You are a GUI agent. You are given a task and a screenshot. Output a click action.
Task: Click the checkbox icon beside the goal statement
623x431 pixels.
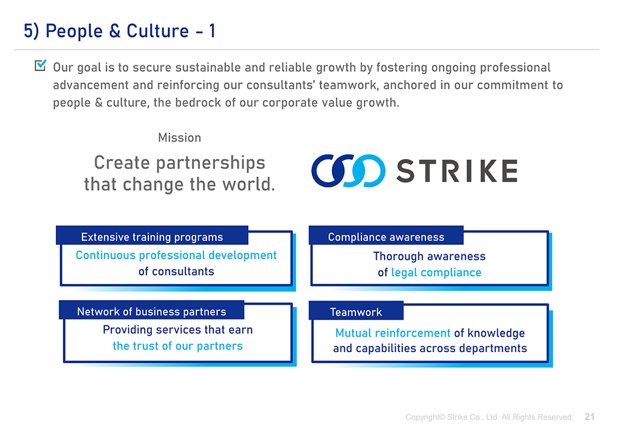pos(40,65)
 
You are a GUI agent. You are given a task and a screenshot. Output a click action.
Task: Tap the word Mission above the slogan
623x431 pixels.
pos(180,138)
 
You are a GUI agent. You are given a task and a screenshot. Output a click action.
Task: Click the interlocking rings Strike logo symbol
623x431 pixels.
pos(348,171)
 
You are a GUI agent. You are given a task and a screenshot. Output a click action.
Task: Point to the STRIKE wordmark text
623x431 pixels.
pos(457,171)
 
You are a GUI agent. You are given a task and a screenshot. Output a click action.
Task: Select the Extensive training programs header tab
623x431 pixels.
pos(152,237)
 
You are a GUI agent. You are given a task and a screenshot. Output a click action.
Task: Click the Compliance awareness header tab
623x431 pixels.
pos(386,237)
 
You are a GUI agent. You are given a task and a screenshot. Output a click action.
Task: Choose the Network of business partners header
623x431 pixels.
pos(151,311)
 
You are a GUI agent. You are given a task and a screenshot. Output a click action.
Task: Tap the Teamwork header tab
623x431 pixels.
pos(356,312)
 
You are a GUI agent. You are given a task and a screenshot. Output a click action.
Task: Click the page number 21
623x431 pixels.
pos(590,417)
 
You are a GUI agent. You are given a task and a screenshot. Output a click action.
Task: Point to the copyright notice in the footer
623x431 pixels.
pos(489,417)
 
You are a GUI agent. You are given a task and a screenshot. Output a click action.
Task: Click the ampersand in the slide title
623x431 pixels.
pos(115,31)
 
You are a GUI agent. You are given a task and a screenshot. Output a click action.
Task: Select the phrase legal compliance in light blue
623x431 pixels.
pos(436,273)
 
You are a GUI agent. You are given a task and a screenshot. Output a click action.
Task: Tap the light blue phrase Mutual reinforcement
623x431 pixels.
pos(393,333)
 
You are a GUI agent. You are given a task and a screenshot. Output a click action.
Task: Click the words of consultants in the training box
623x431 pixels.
pos(176,272)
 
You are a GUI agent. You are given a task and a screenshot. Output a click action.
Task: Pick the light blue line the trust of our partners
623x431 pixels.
pos(177,346)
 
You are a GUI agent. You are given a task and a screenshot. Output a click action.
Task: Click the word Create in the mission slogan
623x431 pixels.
pos(122,162)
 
